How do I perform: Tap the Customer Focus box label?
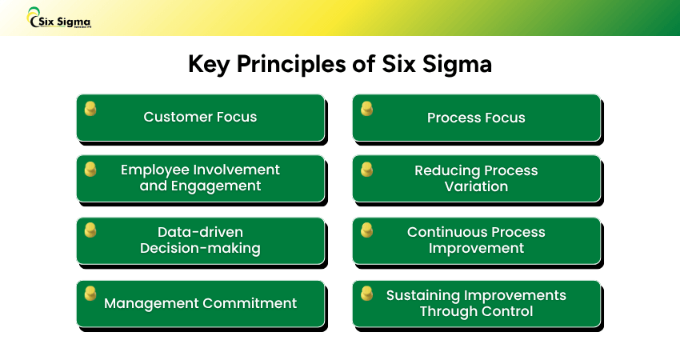pos(200,117)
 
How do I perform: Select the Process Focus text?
pos(476,118)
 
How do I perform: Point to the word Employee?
pos(155,170)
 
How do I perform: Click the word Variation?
pos(476,186)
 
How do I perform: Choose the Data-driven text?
pos(200,232)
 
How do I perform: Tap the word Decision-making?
pos(200,248)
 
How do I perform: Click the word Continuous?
pos(443,232)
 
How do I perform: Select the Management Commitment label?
pos(200,303)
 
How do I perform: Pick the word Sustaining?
pos(422,295)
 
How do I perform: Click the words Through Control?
pos(476,311)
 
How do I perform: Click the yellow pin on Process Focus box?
pos(366,108)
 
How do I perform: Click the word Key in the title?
pos(207,64)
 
